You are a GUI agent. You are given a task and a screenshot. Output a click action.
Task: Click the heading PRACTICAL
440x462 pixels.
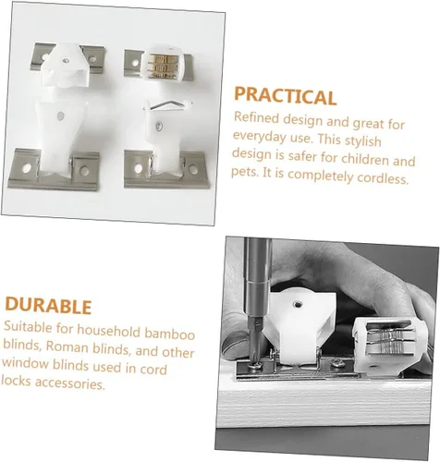(285, 96)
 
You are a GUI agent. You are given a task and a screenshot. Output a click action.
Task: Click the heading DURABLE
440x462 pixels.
(48, 306)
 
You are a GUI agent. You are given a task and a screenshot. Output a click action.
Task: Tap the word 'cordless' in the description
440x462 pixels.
(382, 178)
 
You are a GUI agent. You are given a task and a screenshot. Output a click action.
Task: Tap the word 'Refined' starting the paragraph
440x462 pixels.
(256, 117)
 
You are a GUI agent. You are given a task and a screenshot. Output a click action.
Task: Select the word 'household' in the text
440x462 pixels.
(109, 331)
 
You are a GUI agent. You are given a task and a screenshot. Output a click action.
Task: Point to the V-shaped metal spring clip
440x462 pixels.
(168, 105)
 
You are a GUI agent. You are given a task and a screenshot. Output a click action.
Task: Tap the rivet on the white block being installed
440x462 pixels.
(297, 305)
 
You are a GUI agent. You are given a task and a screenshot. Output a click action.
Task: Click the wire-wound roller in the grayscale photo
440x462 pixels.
(390, 341)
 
